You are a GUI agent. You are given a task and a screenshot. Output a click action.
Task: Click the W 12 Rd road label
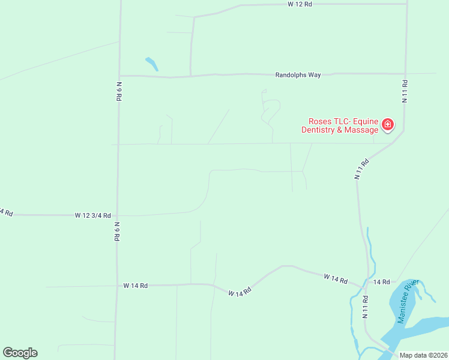(x=300, y=4)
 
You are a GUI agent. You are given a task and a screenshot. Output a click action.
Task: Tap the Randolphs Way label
(x=298, y=75)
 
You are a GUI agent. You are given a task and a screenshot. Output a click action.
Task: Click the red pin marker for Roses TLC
(x=388, y=125)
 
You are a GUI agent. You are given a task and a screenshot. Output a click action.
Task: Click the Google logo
(x=20, y=353)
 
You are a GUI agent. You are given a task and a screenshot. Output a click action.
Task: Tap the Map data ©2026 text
(x=424, y=355)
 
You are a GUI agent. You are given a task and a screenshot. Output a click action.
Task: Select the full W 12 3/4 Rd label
(x=92, y=214)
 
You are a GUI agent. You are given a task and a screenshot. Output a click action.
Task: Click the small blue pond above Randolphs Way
(x=151, y=63)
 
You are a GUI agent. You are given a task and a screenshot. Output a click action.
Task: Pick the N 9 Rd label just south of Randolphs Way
(x=119, y=91)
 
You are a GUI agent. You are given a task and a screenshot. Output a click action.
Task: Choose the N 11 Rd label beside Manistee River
(x=365, y=306)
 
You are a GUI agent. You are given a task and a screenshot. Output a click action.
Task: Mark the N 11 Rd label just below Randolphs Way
(x=405, y=91)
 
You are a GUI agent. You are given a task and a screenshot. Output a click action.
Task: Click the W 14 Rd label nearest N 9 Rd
(x=136, y=286)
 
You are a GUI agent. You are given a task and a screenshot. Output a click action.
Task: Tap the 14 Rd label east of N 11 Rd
(x=381, y=281)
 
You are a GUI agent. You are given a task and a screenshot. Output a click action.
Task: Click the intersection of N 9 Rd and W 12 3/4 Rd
(x=118, y=215)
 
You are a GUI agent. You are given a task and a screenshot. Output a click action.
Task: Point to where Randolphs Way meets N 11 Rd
(x=406, y=74)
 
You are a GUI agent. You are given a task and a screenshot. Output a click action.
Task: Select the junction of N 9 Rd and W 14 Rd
(x=116, y=286)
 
